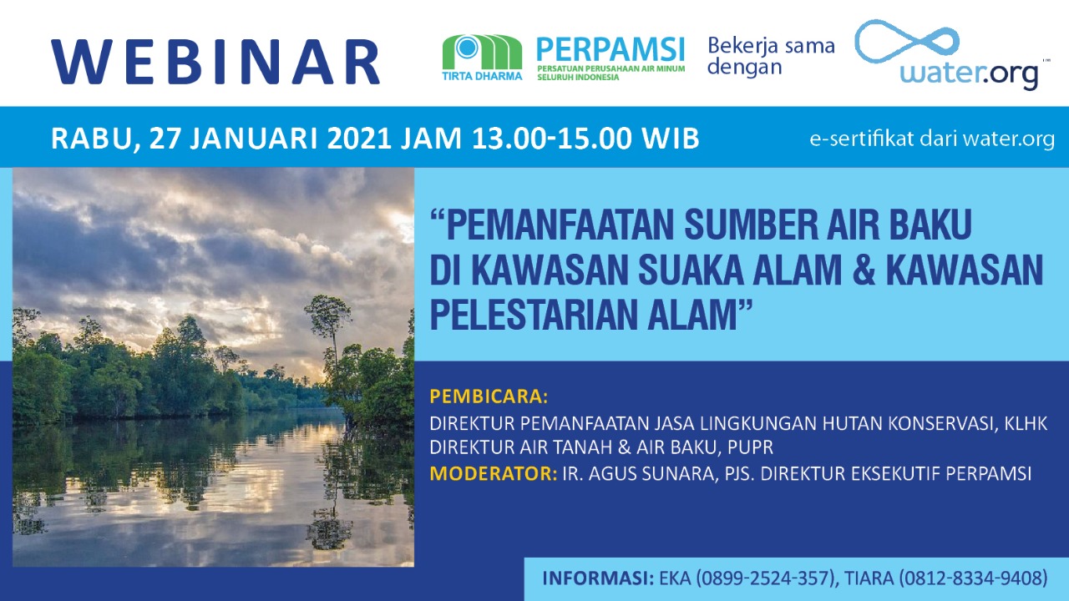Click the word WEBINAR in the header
pos(215,62)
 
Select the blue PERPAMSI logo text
pos(610,50)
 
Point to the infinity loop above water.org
pos(906,41)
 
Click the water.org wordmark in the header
pos(969,75)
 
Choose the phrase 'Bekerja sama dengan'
pos(771,56)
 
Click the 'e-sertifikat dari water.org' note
pos(932,139)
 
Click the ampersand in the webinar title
pos(864,270)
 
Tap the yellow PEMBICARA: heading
pos(489,396)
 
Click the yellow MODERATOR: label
pos(494,473)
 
